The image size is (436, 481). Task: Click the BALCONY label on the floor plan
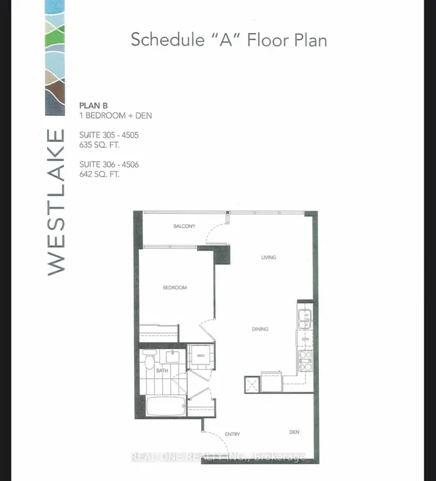tap(184, 226)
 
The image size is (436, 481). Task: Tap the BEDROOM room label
tap(174, 288)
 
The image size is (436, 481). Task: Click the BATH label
tap(162, 371)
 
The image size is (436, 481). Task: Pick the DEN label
tap(294, 432)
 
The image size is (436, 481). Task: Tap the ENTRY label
tap(232, 434)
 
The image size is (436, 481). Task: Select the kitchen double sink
tap(305, 319)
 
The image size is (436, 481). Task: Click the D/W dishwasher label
tap(305, 339)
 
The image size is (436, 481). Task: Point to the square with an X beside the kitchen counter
tap(251, 384)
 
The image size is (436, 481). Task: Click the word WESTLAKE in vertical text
tap(57, 202)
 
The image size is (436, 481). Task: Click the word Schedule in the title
tap(163, 40)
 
